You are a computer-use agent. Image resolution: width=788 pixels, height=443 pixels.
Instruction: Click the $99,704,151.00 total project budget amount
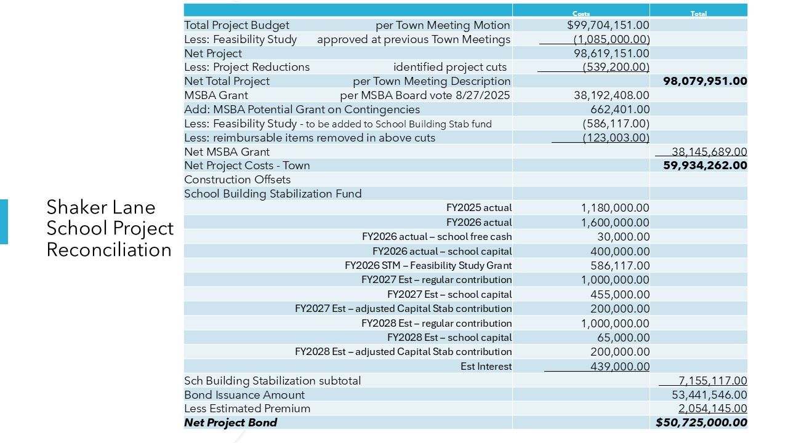tap(608, 25)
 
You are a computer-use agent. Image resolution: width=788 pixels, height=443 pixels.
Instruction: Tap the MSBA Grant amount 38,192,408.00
tap(608, 95)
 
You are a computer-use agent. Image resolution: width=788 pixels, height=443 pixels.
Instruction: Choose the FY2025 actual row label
tap(479, 208)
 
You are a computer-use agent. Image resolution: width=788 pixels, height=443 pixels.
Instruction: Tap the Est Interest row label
tap(486, 367)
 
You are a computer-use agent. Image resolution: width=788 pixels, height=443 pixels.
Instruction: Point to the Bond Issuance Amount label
tap(244, 395)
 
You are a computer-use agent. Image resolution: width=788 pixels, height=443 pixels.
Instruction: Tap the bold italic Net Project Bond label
tap(231, 423)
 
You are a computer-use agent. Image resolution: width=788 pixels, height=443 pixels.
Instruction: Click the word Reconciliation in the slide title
tap(109, 250)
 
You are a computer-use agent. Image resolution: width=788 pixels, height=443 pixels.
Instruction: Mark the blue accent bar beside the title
tap(4, 221)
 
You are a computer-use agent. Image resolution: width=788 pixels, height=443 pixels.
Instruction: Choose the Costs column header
tap(581, 14)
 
